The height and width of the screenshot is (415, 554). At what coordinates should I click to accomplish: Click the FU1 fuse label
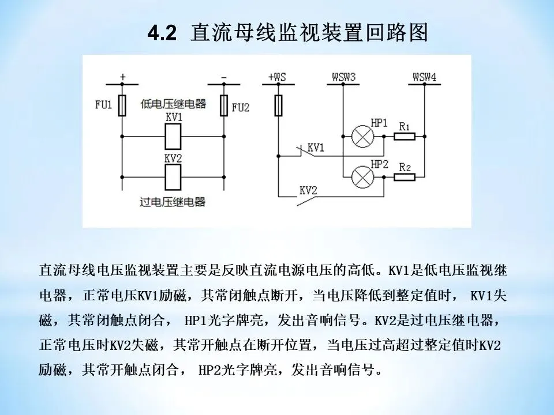(103, 106)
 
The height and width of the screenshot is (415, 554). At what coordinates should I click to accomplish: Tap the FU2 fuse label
(240, 107)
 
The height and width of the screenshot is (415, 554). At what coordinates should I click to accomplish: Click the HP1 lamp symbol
(362, 137)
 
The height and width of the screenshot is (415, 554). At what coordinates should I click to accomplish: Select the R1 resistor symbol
(405, 137)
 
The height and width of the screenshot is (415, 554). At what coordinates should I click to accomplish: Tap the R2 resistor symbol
(405, 176)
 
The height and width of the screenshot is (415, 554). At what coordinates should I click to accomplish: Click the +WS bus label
(278, 77)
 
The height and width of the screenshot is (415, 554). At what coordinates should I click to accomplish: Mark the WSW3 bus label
(343, 77)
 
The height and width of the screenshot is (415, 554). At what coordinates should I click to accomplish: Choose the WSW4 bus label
(424, 77)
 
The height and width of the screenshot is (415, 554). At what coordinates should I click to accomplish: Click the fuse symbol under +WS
(279, 106)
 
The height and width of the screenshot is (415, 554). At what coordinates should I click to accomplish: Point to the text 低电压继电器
(173, 104)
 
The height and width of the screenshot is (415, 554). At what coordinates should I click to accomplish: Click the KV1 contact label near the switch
(316, 148)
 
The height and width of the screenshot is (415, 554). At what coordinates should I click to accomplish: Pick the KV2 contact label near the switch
(308, 190)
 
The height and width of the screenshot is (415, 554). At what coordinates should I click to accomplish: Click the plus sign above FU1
(122, 77)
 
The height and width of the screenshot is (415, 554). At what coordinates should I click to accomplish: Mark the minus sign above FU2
(224, 77)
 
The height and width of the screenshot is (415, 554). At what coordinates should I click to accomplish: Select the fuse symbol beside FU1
(122, 106)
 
